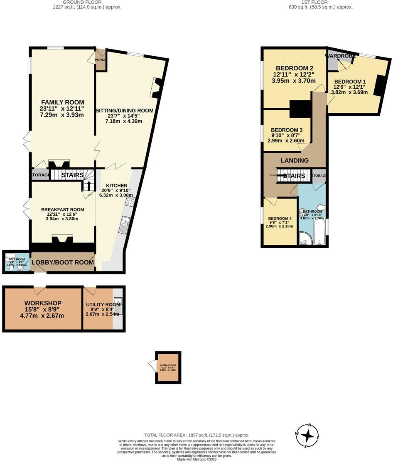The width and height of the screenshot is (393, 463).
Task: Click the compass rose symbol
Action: pos(308,436)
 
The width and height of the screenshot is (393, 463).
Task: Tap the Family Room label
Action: pos(62,102)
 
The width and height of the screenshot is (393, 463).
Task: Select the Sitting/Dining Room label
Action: pos(125,110)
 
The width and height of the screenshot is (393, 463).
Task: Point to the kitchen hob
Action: pos(130,202)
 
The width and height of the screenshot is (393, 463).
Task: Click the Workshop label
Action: pos(43,303)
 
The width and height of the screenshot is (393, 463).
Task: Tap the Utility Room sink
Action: pos(118,306)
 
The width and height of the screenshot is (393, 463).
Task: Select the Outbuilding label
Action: pos(168,366)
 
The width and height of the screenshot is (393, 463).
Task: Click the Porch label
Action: pos(101,60)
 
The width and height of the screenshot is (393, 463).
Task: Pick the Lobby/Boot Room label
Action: pos(63,262)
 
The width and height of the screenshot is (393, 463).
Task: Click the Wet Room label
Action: pos(16,259)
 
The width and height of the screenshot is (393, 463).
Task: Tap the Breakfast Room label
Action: pos(63,209)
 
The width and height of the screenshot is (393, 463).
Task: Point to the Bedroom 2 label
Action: pos(294,68)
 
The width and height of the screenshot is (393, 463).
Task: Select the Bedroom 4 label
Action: pos(280,219)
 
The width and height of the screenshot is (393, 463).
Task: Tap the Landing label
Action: pos(295,160)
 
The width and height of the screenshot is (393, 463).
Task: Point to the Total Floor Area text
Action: pos(196,435)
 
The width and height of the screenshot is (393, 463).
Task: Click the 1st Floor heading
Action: pos(308,2)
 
